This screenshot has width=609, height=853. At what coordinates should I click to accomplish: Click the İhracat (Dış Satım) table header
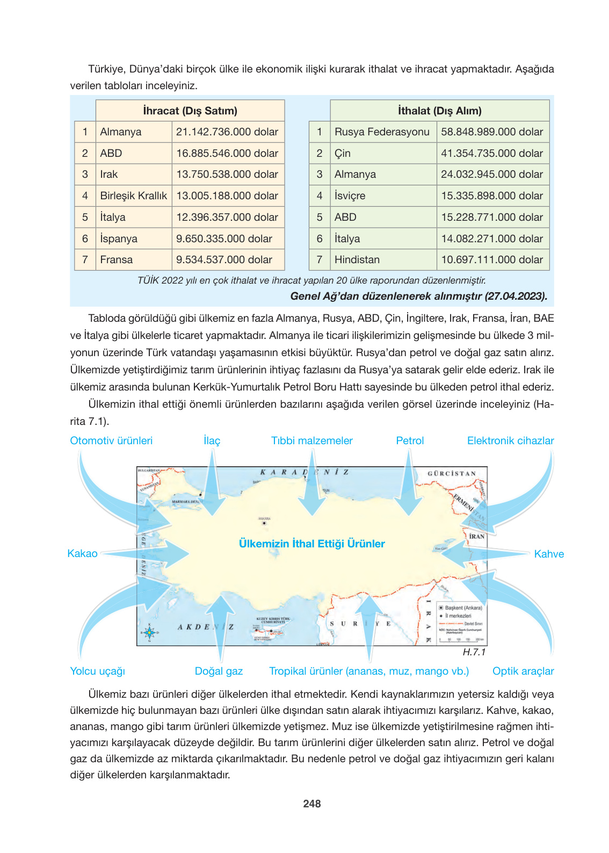tap(190, 111)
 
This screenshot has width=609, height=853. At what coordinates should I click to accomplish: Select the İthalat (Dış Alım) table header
tap(439, 111)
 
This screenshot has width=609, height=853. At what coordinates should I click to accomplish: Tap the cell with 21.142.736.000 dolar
tap(227, 132)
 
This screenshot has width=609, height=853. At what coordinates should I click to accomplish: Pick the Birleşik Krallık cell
tap(133, 196)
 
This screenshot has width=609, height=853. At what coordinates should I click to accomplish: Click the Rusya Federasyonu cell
tap(382, 132)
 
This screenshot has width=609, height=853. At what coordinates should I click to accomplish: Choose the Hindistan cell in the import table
tap(357, 259)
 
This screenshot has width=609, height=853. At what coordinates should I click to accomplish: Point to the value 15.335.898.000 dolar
tap(492, 196)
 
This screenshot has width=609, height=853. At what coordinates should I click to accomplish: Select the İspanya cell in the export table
tap(119, 238)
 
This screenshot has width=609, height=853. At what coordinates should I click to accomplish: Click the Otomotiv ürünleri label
tap(111, 440)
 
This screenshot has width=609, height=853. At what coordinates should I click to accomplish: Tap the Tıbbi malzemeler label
tap(311, 440)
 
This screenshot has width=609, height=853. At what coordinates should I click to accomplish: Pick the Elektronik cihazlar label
tap(510, 440)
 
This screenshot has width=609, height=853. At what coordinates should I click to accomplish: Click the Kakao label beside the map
tap(82, 553)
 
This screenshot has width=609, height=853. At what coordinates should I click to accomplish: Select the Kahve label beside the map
tap(549, 554)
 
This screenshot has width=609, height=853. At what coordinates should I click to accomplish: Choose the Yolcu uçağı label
tap(97, 671)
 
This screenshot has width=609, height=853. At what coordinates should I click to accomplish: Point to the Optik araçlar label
tap(523, 671)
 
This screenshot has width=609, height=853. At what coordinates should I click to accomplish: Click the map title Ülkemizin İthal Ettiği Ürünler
tap(311, 544)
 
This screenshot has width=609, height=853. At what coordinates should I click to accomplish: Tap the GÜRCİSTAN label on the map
tap(452, 473)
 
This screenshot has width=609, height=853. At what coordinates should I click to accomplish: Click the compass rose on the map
tap(149, 632)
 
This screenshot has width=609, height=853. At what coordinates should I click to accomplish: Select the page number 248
tap(311, 804)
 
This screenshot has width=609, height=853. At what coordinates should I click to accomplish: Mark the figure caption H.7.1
tap(474, 652)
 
